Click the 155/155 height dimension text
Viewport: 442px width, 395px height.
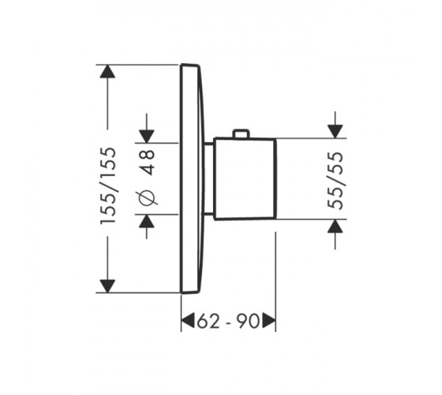(x=108, y=186)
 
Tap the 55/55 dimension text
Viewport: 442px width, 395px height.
(x=335, y=181)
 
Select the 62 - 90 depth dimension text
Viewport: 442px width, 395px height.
(x=228, y=321)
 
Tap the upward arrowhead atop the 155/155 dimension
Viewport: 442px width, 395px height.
(x=107, y=71)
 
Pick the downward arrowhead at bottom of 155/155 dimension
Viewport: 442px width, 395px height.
(x=107, y=286)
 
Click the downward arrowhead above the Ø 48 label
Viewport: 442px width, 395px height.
(x=147, y=137)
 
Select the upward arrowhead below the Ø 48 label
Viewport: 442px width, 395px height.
(x=147, y=221)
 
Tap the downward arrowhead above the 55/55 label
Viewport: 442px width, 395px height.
(x=335, y=131)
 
